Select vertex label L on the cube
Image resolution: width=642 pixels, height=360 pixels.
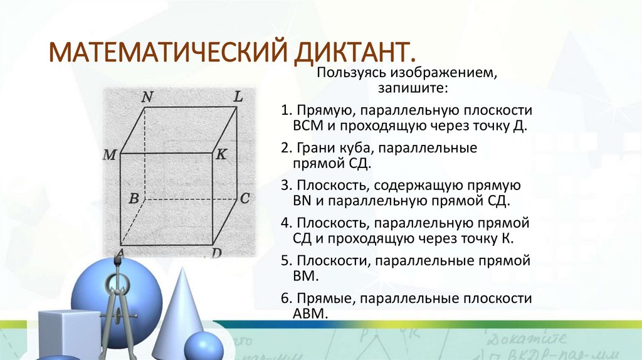[x=238, y=97]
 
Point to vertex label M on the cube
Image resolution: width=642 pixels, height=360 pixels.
[x=110, y=154]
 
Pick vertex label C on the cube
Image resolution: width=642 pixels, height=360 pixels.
[x=245, y=199]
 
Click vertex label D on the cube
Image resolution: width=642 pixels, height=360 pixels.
[x=216, y=253]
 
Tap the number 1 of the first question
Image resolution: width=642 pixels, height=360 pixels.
[x=285, y=110]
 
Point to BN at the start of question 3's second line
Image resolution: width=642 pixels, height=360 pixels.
[x=301, y=201]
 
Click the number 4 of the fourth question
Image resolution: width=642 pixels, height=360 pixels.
[x=285, y=223]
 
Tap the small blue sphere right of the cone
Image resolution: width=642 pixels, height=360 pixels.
[x=204, y=346]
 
